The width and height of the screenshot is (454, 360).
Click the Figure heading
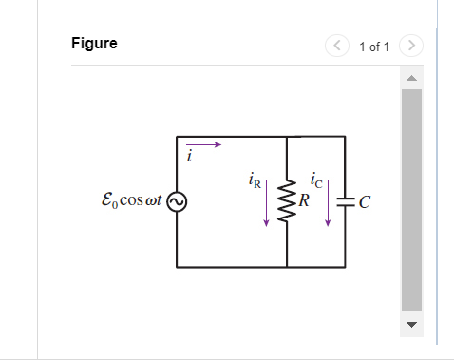pyautogui.click(x=94, y=44)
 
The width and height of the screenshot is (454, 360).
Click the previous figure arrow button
pyautogui.click(x=337, y=45)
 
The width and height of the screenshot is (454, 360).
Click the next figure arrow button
pyautogui.click(x=410, y=45)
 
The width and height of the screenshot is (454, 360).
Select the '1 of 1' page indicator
pyautogui.click(x=374, y=46)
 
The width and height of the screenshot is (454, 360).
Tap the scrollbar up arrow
pyautogui.click(x=411, y=78)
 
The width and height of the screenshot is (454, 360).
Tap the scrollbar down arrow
pyautogui.click(x=411, y=325)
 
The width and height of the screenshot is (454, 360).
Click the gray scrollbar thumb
pyautogui.click(x=411, y=199)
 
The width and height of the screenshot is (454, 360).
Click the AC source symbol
pyautogui.click(x=178, y=201)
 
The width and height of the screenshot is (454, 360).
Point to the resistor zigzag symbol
pyautogui.click(x=287, y=200)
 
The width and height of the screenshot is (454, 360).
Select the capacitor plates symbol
pyautogui.click(x=344, y=201)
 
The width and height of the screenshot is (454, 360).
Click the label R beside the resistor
pyautogui.click(x=303, y=200)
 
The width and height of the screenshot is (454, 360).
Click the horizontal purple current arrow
pyautogui.click(x=209, y=145)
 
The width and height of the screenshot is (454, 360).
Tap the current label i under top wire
pyautogui.click(x=189, y=159)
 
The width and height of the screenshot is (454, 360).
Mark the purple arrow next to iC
pyautogui.click(x=328, y=203)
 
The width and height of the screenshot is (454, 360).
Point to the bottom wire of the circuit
pyautogui.click(x=260, y=267)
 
